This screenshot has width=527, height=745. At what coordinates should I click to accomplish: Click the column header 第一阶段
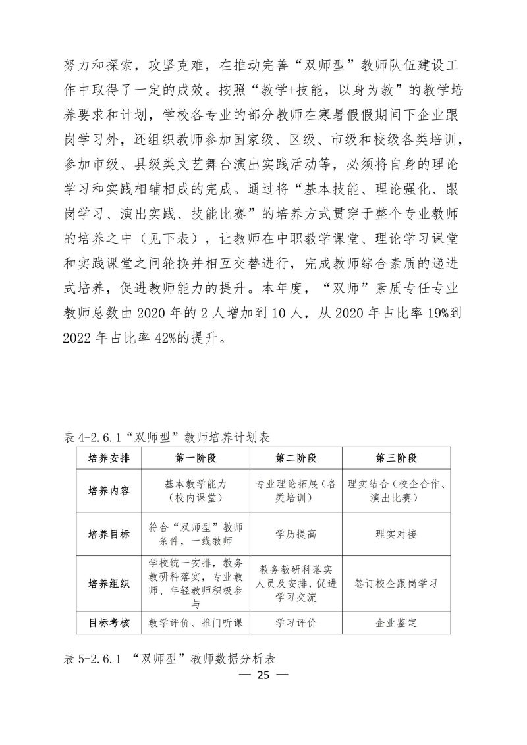coord(196,458)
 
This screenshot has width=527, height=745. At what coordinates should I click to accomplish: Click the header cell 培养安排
coord(109,458)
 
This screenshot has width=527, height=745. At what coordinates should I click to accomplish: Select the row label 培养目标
coord(109,534)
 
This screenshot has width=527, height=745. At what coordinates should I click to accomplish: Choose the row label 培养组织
coord(109,584)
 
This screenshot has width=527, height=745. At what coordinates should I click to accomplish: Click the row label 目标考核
coord(109,622)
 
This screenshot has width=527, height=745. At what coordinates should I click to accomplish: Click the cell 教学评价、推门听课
coord(196,622)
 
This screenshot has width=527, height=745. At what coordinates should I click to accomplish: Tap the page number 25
coord(263,675)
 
